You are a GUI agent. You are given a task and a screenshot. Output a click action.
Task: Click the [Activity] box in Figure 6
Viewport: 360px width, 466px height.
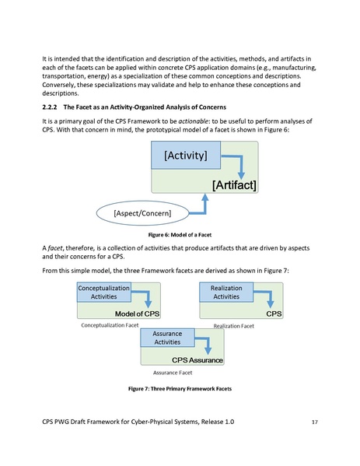pyautogui.click(x=185, y=156)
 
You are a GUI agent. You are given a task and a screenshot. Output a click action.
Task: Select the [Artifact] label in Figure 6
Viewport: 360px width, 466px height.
pyautogui.click(x=234, y=184)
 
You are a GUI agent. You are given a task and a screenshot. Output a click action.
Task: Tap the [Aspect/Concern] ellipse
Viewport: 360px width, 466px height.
pyautogui.click(x=142, y=212)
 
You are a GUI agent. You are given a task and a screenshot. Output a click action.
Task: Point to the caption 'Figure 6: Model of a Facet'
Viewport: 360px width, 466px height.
pyautogui.click(x=180, y=233)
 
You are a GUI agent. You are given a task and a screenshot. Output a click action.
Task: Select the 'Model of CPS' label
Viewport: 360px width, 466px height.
pyautogui.click(x=137, y=313)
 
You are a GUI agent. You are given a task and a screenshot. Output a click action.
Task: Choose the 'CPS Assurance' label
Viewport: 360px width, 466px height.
pyautogui.click(x=197, y=360)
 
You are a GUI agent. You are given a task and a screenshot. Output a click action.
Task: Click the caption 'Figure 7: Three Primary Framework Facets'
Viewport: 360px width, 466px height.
pyautogui.click(x=180, y=388)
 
